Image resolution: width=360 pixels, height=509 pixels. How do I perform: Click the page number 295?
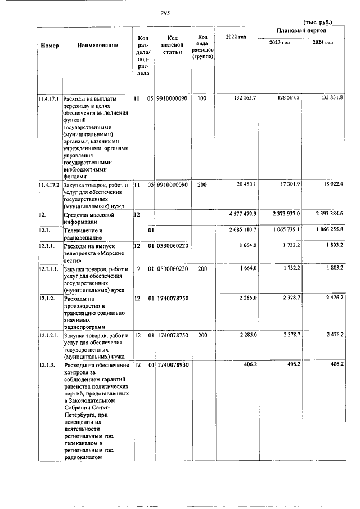(x=165, y=12)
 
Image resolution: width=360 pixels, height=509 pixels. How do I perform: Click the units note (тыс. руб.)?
(x=318, y=22)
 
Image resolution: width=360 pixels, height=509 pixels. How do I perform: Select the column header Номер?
(x=49, y=45)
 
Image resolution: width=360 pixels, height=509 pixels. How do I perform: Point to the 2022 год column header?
(x=236, y=37)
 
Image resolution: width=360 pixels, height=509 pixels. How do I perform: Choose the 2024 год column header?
(x=323, y=42)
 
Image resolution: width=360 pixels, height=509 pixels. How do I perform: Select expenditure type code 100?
(x=202, y=98)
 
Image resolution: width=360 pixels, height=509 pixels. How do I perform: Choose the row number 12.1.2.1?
(x=49, y=335)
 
